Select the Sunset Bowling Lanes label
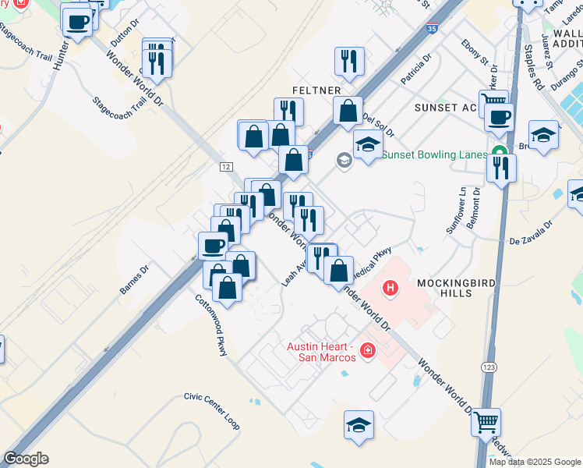tap(434, 154)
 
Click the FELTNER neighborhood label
tap(316, 90)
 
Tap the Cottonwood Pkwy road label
tap(211, 325)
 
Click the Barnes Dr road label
tap(133, 280)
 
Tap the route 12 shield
tap(226, 166)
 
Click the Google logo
tap(25, 459)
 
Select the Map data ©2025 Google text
tap(535, 462)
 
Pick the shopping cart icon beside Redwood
tap(486, 423)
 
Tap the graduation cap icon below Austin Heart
tap(359, 425)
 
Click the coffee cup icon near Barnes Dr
tap(213, 246)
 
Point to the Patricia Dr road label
tap(415, 69)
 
